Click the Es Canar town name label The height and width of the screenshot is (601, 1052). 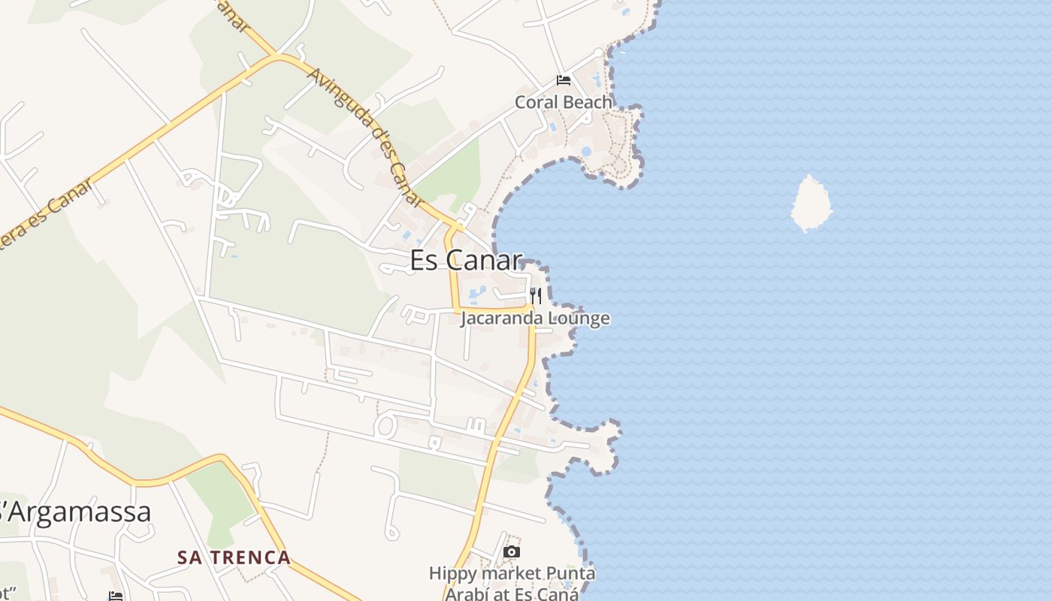click(466, 260)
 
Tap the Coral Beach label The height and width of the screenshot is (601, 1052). click(563, 101)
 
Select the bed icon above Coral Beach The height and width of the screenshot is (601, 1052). click(563, 80)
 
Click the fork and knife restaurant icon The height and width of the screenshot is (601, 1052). click(535, 295)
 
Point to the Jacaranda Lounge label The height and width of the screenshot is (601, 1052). click(534, 318)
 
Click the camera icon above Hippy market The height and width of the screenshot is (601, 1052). click(511, 552)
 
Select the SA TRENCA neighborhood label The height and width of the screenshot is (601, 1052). click(234, 557)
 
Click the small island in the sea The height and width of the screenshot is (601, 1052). click(811, 204)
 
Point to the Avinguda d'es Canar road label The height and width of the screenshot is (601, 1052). click(366, 136)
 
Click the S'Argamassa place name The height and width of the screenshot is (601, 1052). click(75, 512)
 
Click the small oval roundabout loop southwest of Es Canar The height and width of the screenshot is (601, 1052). click(385, 426)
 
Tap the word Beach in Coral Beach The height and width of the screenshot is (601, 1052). click(588, 101)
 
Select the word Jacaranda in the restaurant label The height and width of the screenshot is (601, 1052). click(501, 318)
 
